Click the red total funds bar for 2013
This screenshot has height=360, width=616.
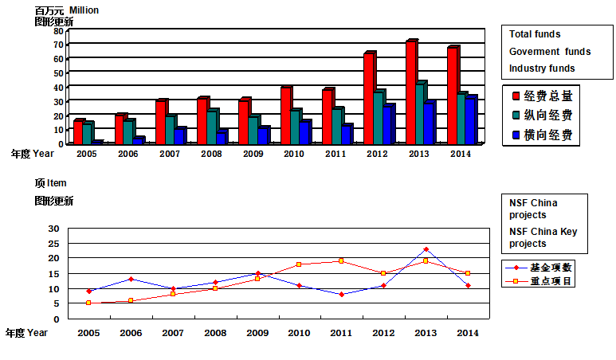click(411, 92)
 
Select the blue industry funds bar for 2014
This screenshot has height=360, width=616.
click(470, 121)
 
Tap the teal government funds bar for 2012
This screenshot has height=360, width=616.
click(379, 118)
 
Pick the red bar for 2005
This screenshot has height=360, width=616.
click(78, 133)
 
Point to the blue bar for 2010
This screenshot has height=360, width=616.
click(304, 133)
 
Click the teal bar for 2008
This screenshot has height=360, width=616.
click(211, 127)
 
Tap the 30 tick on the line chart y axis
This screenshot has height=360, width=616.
click(54, 229)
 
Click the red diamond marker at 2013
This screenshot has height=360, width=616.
click(426, 249)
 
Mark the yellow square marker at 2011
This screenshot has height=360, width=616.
click(341, 261)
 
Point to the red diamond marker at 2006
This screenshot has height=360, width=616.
click(130, 279)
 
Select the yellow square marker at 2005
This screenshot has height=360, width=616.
click(88, 303)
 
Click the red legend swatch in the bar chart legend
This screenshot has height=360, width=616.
click(517, 96)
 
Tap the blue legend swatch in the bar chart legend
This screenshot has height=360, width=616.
click(517, 135)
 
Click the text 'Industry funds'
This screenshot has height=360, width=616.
click(542, 68)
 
